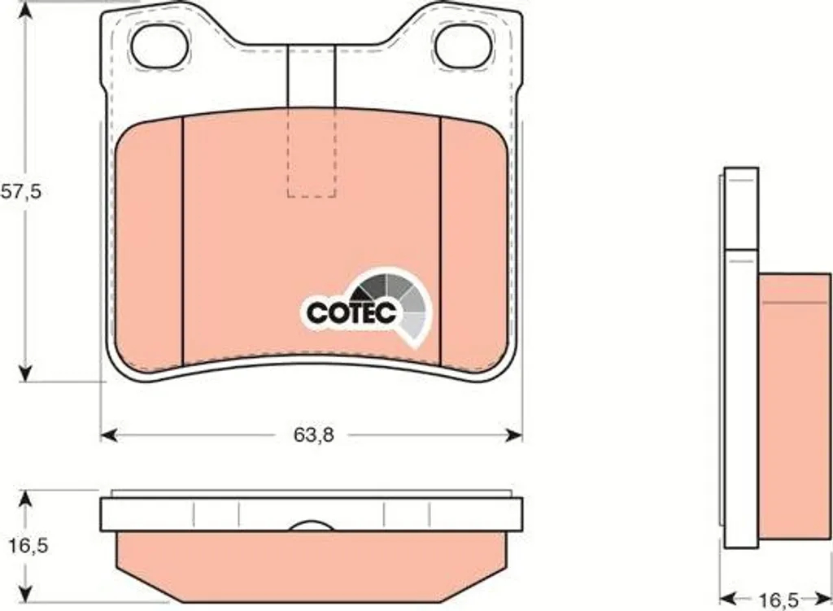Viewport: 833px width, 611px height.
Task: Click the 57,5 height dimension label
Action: [x=20, y=191]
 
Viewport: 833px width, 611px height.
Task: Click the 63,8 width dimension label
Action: [x=314, y=435]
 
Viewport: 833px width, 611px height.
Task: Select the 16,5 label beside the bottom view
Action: [x=28, y=545]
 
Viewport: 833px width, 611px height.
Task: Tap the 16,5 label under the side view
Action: [x=778, y=601]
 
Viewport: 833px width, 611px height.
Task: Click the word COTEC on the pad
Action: [x=351, y=313]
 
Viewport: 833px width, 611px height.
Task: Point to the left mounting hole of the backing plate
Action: [x=160, y=46]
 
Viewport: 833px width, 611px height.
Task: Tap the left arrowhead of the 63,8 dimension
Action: [x=108, y=435]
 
